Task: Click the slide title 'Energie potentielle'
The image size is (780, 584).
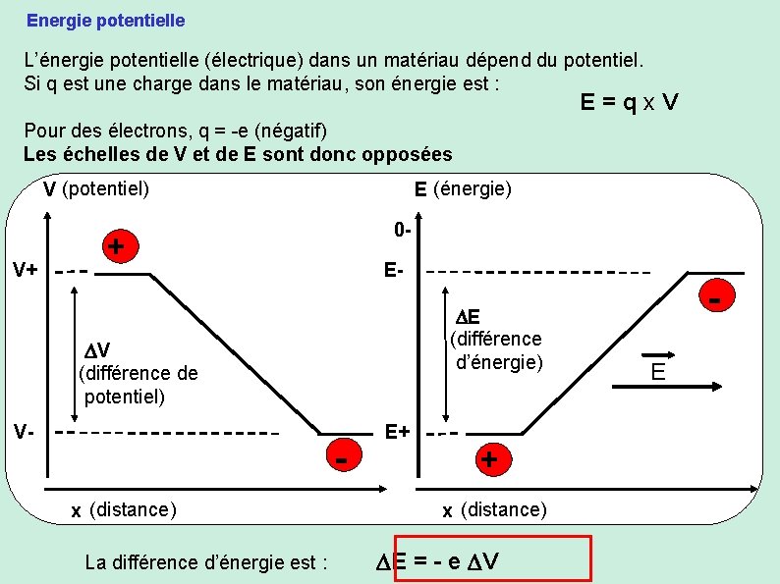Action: coord(105,20)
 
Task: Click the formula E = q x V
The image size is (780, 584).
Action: coord(630,102)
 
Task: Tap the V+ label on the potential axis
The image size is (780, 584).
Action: coord(25,269)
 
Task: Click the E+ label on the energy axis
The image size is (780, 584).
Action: coord(398,431)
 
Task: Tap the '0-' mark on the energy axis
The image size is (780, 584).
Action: coord(402,231)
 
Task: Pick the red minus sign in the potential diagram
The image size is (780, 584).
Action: coord(340,459)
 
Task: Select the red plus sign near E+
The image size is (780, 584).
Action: coord(489,458)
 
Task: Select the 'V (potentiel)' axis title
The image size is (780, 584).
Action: coord(96,187)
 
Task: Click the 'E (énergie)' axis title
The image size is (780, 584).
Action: coord(463,187)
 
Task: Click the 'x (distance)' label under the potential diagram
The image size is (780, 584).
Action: coord(124,509)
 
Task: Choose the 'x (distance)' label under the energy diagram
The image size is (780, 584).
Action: coord(494,509)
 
